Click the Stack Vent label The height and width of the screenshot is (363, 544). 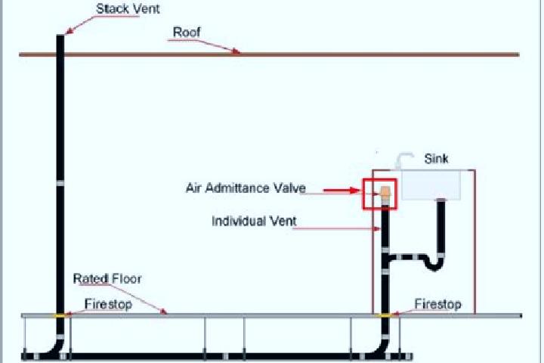point(128,9)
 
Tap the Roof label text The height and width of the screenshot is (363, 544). point(187,33)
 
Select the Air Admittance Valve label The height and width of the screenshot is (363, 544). point(246,188)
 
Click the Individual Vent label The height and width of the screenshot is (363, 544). point(254,221)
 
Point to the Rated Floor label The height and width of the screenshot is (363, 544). point(107,278)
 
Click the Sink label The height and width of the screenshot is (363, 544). point(436,159)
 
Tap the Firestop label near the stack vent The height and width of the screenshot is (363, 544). point(108,304)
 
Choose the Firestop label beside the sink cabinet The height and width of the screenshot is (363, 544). point(437,304)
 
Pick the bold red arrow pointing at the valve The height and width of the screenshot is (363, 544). point(342,190)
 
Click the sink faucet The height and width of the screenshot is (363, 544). point(404,160)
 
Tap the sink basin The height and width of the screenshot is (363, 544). point(431,185)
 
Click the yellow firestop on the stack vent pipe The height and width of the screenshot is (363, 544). point(60,315)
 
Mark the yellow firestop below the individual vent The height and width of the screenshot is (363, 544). point(385,315)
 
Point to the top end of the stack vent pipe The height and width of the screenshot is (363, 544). point(60,35)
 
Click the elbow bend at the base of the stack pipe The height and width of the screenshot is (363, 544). point(55,349)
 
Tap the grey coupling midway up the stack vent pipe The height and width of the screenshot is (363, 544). point(60,183)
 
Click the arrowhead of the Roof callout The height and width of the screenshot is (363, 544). point(236,51)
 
